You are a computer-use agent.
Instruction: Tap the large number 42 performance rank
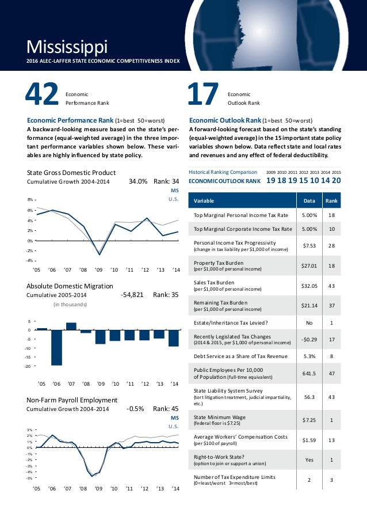41,96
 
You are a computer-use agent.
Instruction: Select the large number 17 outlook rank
204,96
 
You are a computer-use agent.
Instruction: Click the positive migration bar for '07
71,326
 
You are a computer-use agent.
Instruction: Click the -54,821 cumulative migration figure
132,294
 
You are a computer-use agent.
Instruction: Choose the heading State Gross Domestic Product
71,173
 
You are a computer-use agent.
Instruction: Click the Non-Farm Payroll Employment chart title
72,400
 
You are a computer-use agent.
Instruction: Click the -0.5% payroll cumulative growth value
135,409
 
